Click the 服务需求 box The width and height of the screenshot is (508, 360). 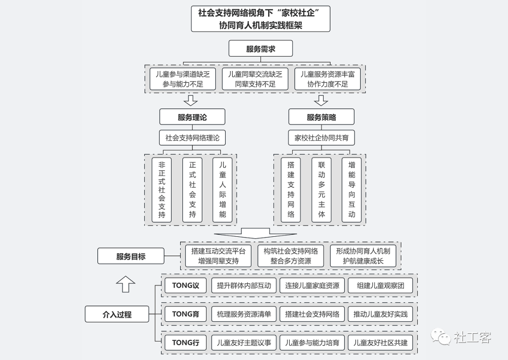[x=261, y=48]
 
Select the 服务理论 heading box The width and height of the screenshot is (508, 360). [x=192, y=117]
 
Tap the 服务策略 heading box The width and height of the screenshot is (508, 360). [x=321, y=117]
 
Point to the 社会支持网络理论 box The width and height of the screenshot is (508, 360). [x=192, y=138]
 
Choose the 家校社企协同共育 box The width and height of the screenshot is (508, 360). [x=321, y=138]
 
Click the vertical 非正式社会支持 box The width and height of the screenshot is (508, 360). [x=162, y=190]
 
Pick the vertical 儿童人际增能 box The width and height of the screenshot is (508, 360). [x=222, y=190]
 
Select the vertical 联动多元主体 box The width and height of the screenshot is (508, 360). [x=321, y=190]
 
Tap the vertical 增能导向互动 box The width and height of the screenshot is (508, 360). [x=351, y=190]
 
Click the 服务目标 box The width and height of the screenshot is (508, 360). [x=131, y=256]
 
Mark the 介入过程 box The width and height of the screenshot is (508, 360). [x=117, y=314]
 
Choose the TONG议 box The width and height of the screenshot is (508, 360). [x=186, y=286]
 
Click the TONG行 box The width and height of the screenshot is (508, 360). [x=186, y=343]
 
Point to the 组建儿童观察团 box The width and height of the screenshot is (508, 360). [x=381, y=286]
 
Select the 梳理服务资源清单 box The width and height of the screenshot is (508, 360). [x=244, y=314]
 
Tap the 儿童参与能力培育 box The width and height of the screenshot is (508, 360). [x=312, y=343]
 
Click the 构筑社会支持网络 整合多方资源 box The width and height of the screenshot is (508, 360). [x=291, y=256]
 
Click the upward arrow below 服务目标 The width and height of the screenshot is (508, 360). [x=126, y=284]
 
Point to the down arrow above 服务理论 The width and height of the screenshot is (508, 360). [x=190, y=100]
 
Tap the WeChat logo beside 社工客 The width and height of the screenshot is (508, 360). [x=441, y=336]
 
